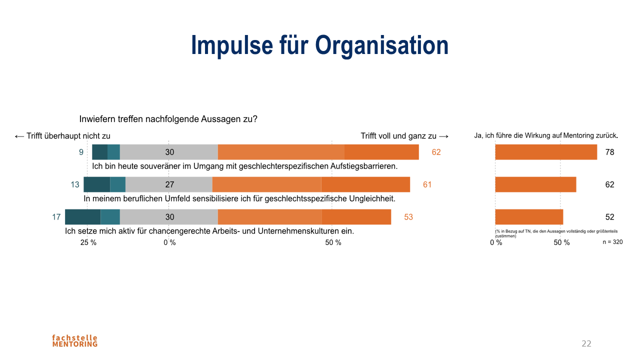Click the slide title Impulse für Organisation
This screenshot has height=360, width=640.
click(x=319, y=45)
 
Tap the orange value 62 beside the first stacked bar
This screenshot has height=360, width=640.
click(x=436, y=152)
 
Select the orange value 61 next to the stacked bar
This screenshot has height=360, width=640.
click(x=427, y=184)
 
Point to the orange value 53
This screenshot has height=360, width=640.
click(x=408, y=217)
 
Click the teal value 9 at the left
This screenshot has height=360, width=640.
click(x=81, y=152)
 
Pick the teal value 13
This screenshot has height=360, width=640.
click(x=75, y=184)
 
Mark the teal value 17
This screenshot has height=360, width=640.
click(x=56, y=217)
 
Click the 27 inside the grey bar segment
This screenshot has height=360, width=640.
click(x=169, y=184)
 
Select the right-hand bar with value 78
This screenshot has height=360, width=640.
click(x=546, y=152)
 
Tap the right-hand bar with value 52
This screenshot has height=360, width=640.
click(x=529, y=217)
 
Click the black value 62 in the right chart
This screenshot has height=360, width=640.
click(x=609, y=184)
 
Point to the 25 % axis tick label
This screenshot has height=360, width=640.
click(x=88, y=242)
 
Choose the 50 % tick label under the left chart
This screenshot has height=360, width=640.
click(x=333, y=242)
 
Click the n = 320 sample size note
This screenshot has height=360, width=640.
click(x=612, y=241)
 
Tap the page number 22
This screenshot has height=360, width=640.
click(x=586, y=343)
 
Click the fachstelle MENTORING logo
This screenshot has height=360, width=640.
click(x=75, y=340)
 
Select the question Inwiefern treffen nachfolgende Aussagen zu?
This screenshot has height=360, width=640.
click(x=168, y=119)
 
